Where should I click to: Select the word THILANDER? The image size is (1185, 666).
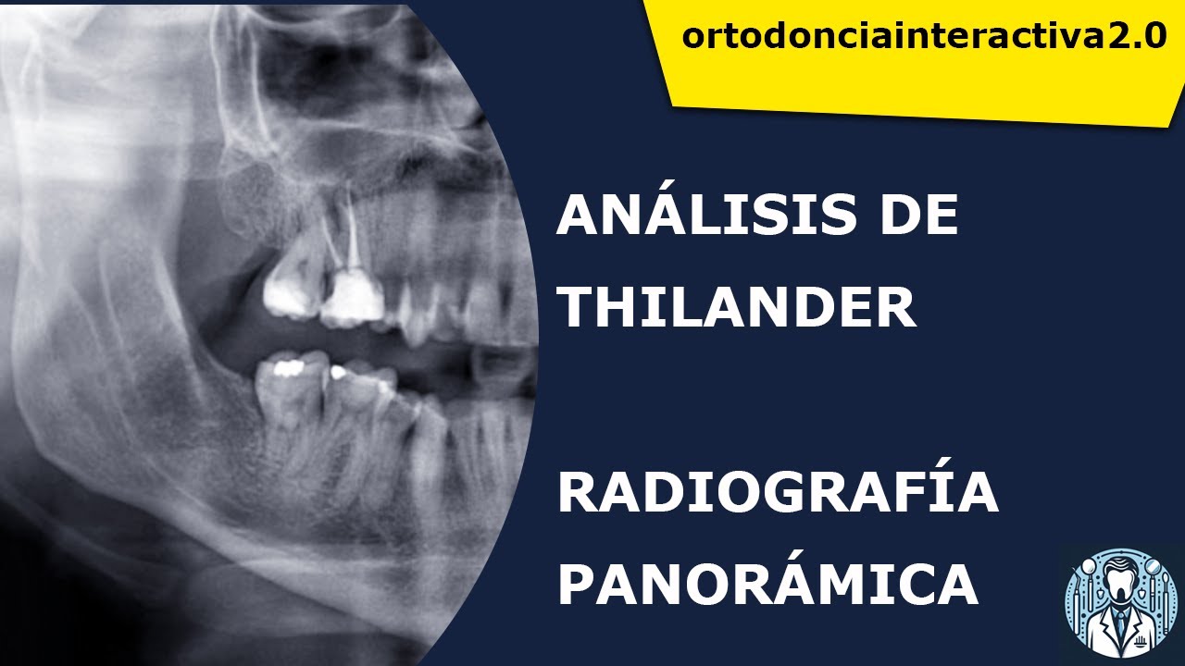736,307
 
